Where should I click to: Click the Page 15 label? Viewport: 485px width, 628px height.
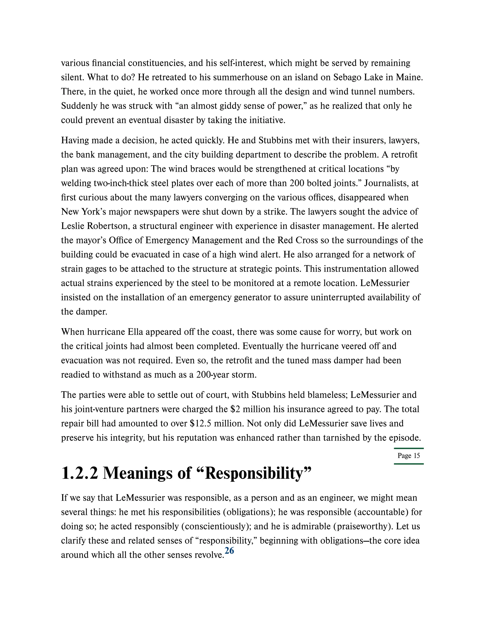click(x=409, y=455)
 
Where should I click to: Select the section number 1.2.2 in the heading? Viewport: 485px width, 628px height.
click(x=80, y=473)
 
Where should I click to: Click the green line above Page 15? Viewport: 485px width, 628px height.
click(x=409, y=448)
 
